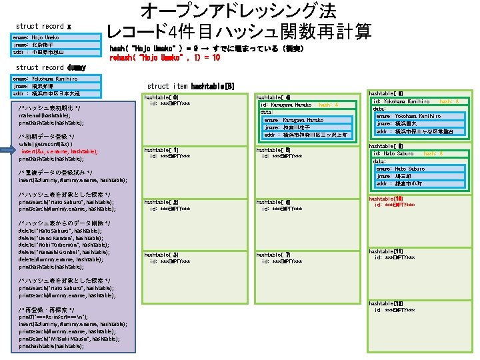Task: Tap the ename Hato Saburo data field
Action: pos(401,169)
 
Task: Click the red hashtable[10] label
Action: pos(385,199)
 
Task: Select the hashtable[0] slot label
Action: pos(161,97)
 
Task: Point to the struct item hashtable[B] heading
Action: pos(191,86)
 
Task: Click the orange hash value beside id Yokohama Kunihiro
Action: pos(448,101)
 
